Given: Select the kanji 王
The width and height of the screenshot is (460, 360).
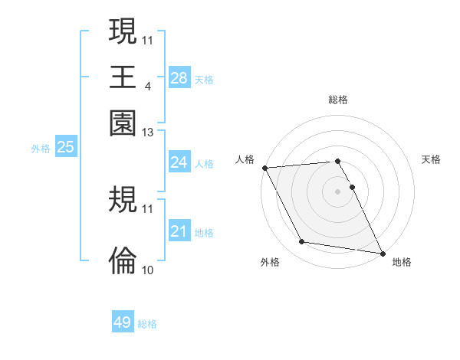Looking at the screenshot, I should (x=123, y=77).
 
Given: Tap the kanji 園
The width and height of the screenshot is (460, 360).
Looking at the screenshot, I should (x=123, y=122).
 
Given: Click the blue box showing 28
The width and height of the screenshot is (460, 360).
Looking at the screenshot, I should (x=179, y=78).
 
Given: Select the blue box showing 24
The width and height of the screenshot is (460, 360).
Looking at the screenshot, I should (x=179, y=162).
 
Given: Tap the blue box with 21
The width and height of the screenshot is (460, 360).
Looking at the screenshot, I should (x=179, y=231).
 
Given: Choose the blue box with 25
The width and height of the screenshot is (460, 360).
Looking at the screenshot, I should (x=66, y=148).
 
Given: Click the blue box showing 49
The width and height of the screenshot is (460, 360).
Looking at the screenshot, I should (x=123, y=322).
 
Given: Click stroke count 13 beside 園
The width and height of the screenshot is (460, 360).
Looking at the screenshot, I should (x=148, y=133).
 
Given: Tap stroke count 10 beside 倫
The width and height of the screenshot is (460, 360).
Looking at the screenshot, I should (x=148, y=270).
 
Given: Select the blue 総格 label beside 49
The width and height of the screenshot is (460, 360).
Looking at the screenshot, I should (x=148, y=324).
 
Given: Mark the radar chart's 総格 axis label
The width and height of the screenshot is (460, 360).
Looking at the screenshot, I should (x=337, y=100).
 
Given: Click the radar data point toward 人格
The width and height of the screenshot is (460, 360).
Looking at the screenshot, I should (x=264, y=168).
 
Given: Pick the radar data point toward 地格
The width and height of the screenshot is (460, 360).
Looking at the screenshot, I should (x=381, y=252).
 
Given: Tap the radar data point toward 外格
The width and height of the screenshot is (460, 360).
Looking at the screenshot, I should (x=302, y=242).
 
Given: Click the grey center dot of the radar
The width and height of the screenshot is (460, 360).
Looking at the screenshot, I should (x=337, y=191).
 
